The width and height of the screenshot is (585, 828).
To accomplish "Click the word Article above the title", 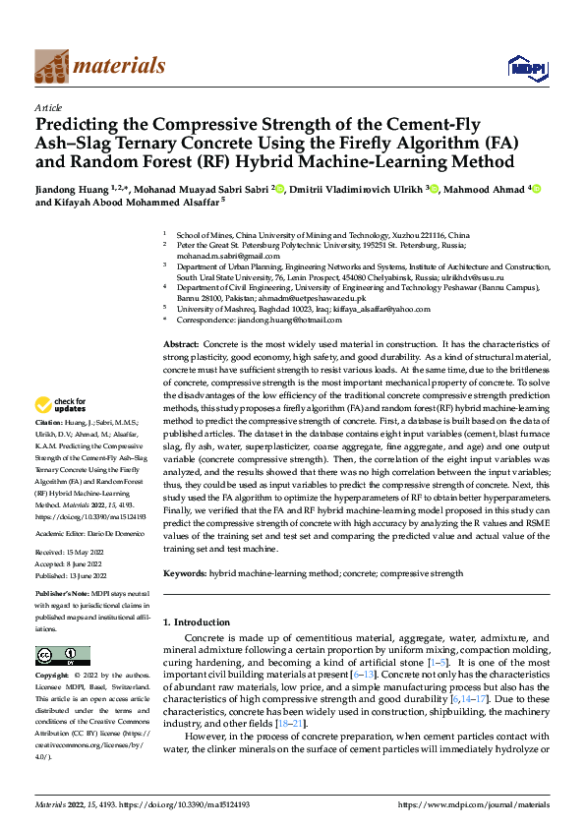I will [48, 107].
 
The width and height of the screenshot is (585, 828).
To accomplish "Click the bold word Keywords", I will [185, 571].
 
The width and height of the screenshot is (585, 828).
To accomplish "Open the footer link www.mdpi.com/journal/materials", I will [473, 804].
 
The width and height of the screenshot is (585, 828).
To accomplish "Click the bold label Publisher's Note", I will [63, 594].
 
